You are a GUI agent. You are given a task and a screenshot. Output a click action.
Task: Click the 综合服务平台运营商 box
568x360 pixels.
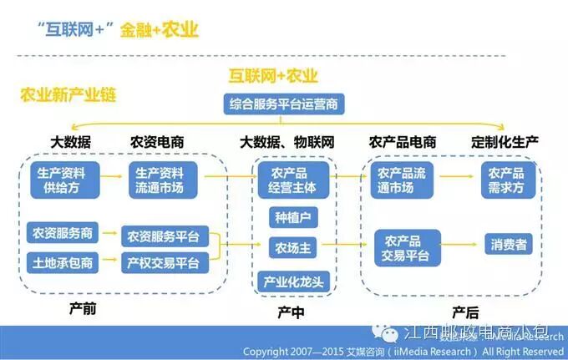tap(285, 105)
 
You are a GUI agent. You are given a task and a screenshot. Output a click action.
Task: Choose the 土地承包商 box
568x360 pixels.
tap(63, 262)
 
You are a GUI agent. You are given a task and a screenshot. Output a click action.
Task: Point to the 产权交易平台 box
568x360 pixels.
tap(164, 262)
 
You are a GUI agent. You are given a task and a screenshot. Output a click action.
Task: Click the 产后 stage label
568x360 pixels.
tap(465, 311)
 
